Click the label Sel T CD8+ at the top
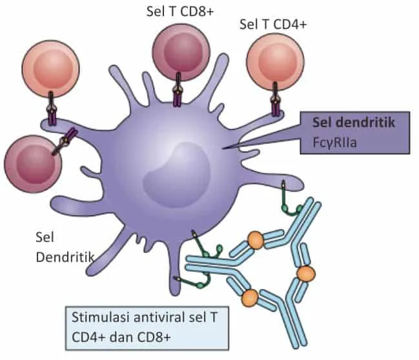(180, 12)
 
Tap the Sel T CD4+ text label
(273, 25)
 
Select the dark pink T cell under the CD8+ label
(181, 52)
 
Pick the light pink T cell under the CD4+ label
(275, 62)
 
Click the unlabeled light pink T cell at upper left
(51, 68)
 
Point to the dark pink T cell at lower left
(33, 164)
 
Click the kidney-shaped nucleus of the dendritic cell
(176, 175)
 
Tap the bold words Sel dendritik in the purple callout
(354, 123)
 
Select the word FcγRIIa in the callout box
(334, 143)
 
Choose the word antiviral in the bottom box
(159, 317)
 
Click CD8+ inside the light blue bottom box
(154, 337)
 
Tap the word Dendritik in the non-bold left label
(65, 257)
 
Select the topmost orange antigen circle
(256, 241)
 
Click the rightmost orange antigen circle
(306, 274)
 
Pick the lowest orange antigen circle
(250, 297)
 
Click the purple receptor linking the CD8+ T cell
(178, 90)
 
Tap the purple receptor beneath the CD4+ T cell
(275, 99)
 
